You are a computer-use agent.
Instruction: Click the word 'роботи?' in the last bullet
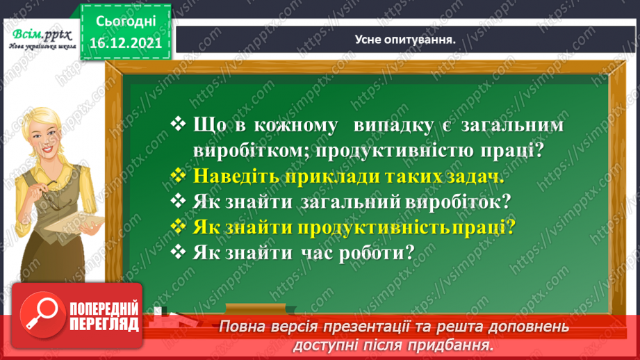point(380,252)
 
